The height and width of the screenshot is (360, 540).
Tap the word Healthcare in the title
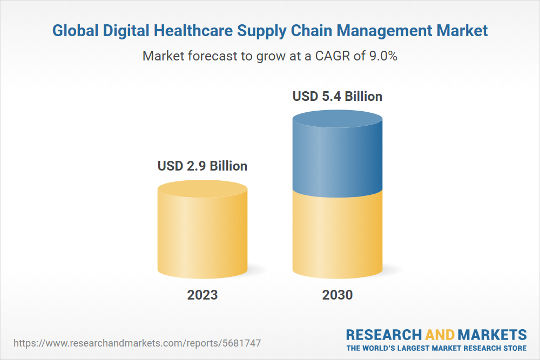(x=196, y=31)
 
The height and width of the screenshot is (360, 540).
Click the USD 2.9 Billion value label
(x=202, y=166)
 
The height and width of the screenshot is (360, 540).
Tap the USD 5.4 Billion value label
(x=337, y=97)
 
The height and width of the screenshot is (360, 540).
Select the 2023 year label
(x=202, y=295)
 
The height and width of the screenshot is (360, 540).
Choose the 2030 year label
(x=337, y=295)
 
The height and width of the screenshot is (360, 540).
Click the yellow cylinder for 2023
(x=202, y=237)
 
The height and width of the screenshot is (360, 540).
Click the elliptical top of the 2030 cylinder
(x=337, y=120)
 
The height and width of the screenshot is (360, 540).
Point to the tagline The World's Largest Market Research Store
(x=436, y=348)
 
